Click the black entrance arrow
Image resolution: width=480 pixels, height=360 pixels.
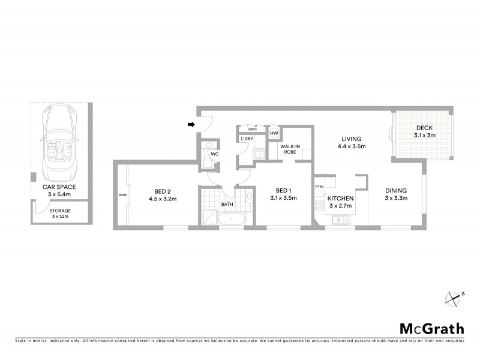tap(191, 125)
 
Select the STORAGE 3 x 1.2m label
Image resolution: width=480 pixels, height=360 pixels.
tap(61, 214)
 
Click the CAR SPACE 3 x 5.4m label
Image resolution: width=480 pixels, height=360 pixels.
tap(60, 190)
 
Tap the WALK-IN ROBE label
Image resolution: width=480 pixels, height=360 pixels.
tap(290, 149)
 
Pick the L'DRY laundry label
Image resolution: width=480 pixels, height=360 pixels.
tap(247, 140)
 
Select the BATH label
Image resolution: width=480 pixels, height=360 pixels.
tap(227, 204)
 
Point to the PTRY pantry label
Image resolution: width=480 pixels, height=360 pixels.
tap(319, 186)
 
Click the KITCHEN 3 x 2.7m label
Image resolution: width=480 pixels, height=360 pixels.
tap(340, 202)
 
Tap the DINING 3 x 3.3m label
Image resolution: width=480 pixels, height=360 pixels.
tap(396, 194)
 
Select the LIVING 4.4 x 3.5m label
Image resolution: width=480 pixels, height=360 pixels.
tap(352, 142)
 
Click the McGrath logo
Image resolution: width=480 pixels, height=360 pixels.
tap(432, 328)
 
